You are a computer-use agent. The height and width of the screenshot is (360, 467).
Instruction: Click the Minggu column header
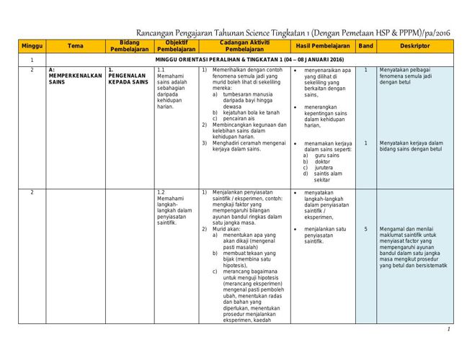point(32,45)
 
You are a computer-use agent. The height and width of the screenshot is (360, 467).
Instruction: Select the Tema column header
point(75,45)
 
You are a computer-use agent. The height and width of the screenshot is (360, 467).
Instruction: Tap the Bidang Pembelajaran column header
point(129,45)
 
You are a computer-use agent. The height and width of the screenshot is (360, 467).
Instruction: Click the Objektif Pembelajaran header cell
point(177,45)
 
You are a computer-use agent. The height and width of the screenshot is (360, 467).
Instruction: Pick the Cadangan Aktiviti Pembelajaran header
point(244,45)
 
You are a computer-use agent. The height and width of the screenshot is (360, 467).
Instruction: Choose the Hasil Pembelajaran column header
point(322,45)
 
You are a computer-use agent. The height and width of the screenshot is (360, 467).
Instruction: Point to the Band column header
point(365,45)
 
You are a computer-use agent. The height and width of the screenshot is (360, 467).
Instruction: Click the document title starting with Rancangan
point(293,33)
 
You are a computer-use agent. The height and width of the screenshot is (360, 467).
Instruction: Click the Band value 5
point(365,230)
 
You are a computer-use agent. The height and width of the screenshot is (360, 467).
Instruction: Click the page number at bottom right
point(448,329)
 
